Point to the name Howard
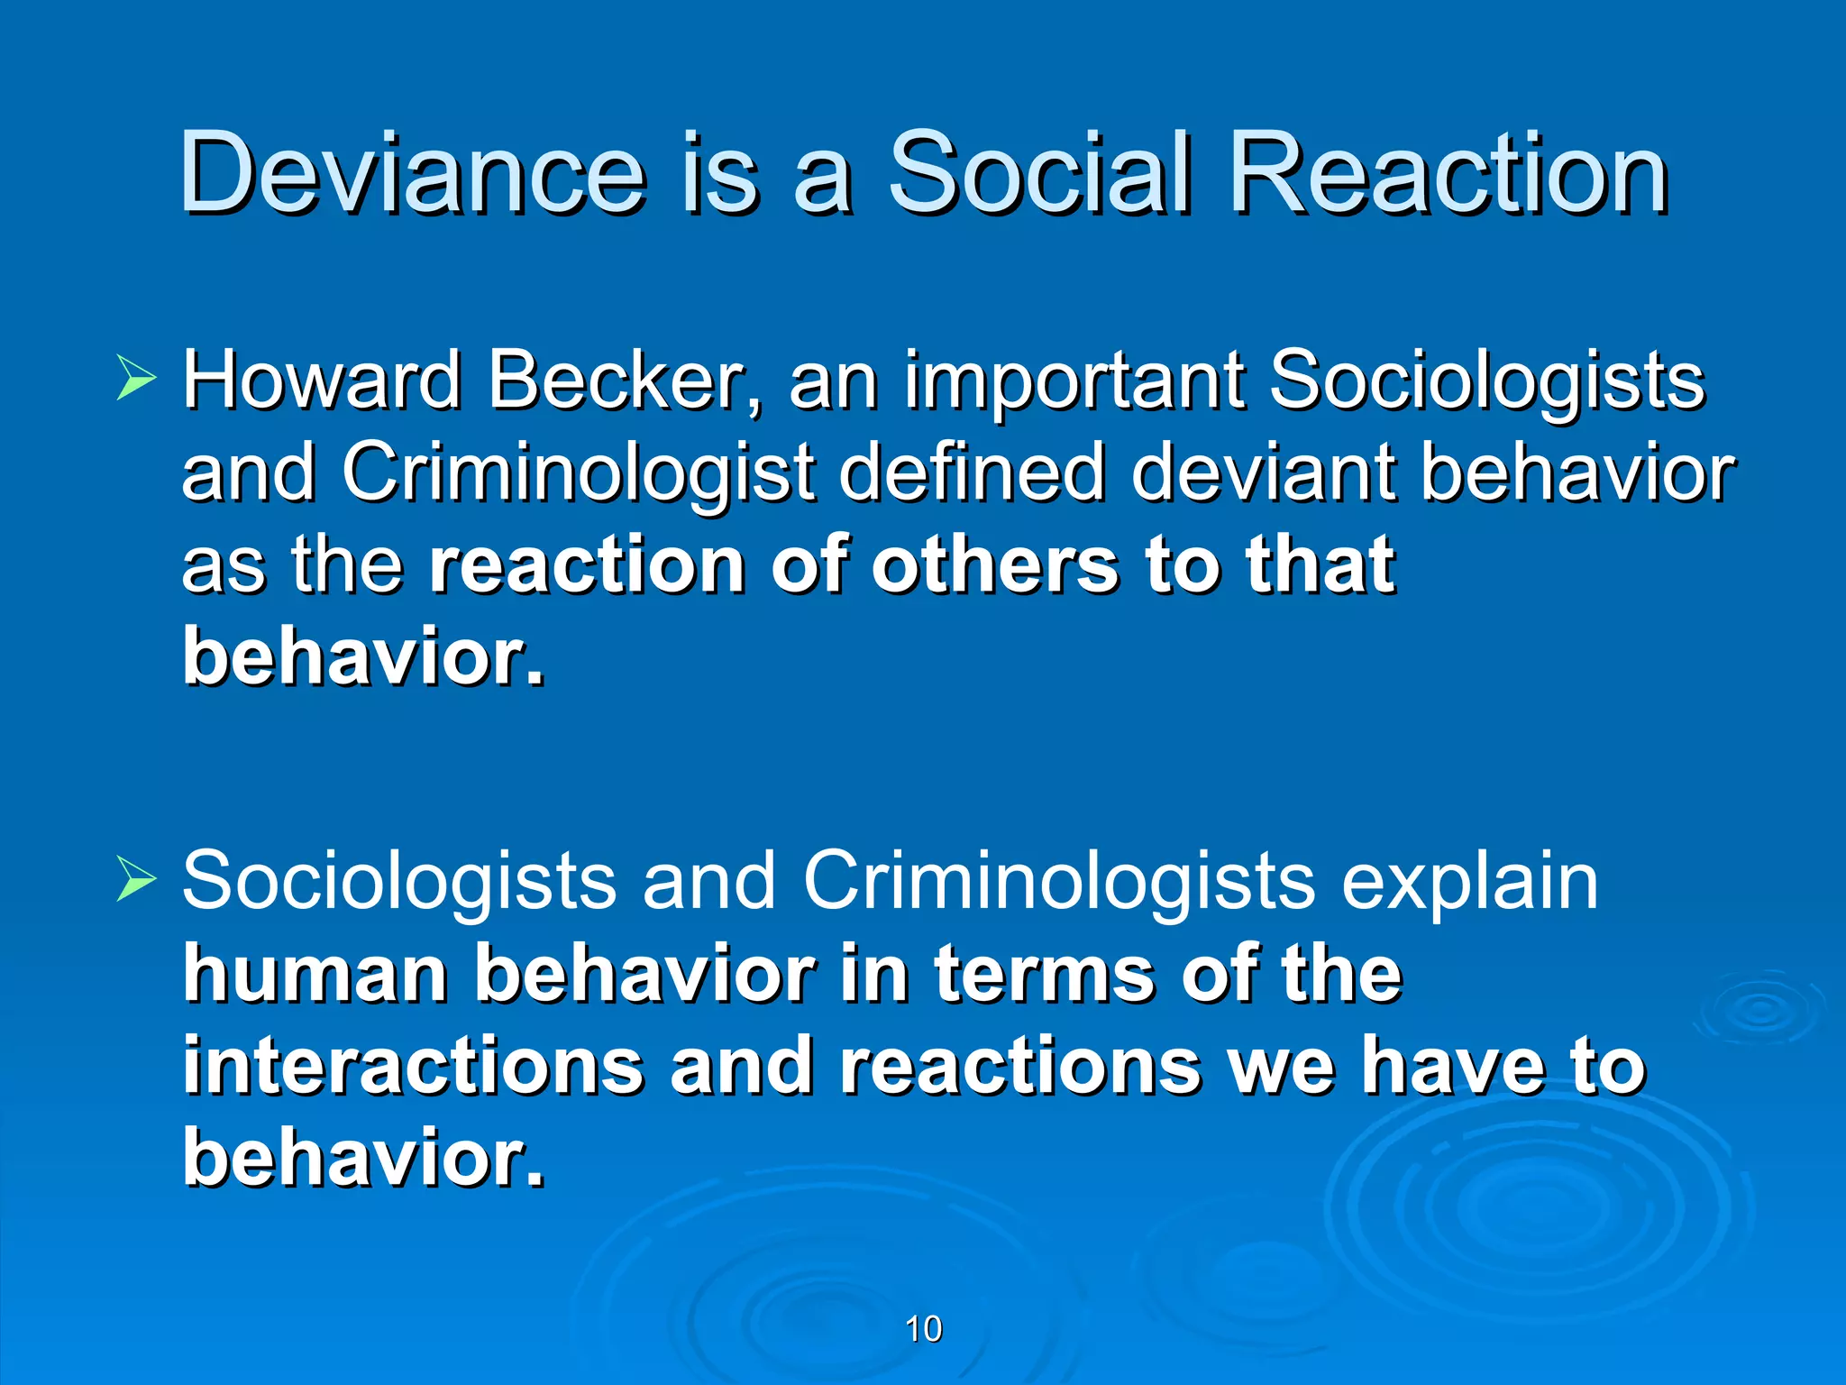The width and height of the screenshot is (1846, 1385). (x=323, y=380)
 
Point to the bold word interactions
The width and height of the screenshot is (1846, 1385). (x=413, y=1066)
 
